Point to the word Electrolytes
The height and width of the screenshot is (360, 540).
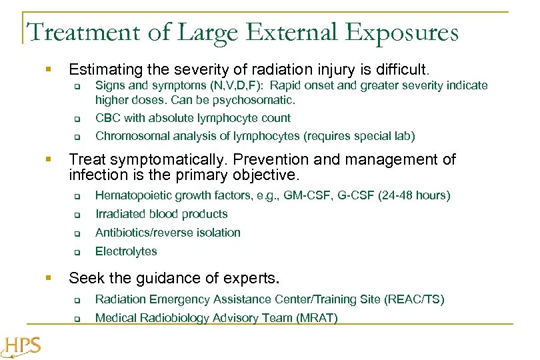pyautogui.click(x=126, y=251)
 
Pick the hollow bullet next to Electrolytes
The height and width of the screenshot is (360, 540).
pyautogui.click(x=77, y=253)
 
